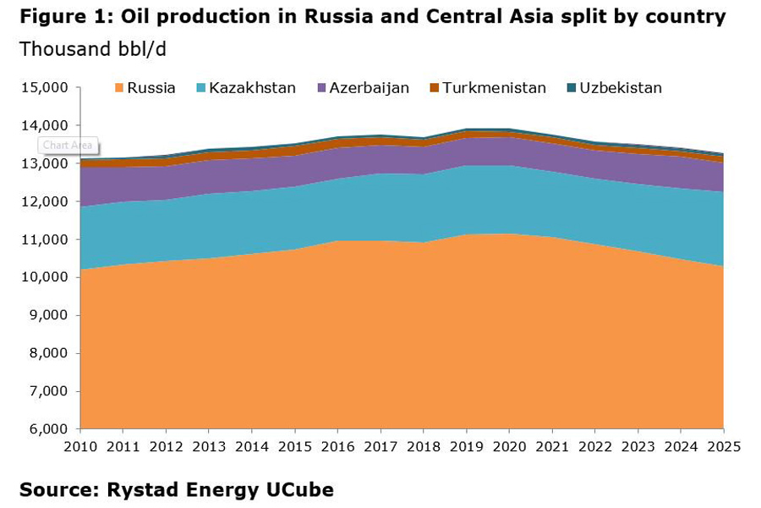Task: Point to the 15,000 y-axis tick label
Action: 43,88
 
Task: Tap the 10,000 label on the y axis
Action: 43,278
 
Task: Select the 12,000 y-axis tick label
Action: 43,202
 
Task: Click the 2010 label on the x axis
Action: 79,447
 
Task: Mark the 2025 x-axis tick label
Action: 724,447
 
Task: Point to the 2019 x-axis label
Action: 466,447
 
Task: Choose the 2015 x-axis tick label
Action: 294,447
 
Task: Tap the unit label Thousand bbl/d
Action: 92,49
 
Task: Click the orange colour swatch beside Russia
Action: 119,88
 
